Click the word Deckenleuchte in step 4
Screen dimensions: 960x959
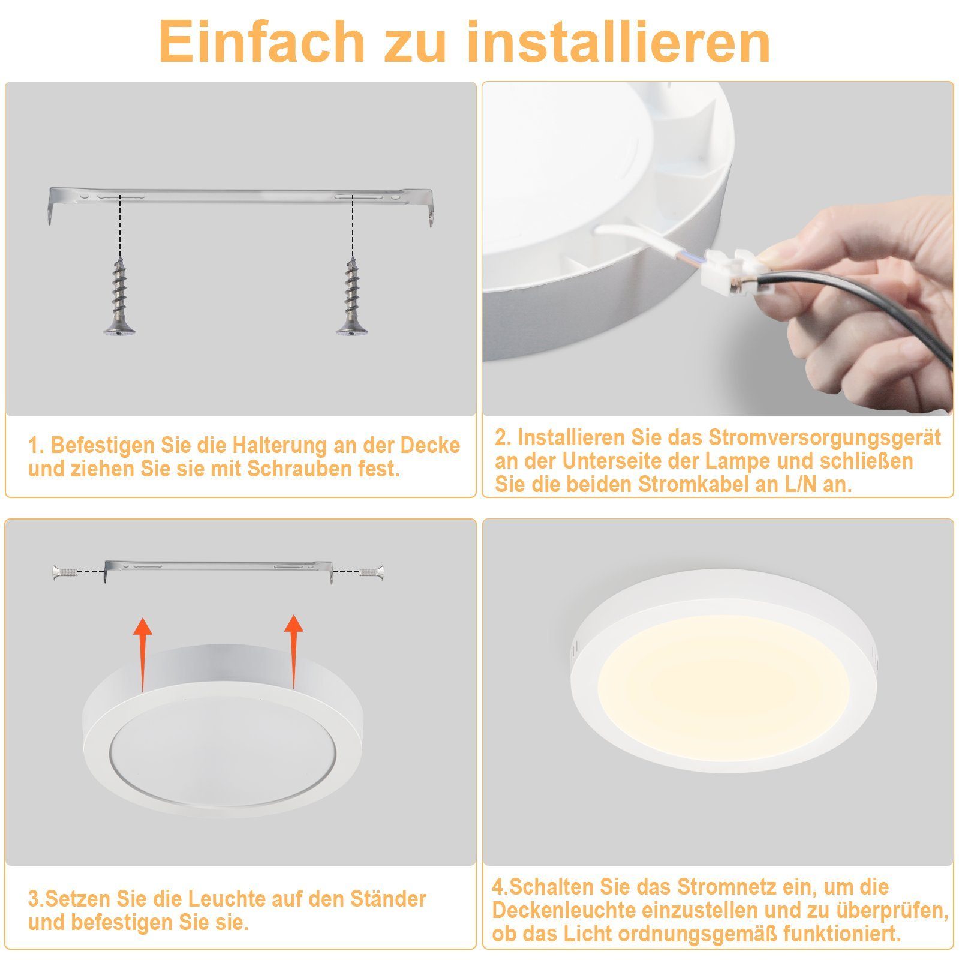[x=564, y=910]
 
